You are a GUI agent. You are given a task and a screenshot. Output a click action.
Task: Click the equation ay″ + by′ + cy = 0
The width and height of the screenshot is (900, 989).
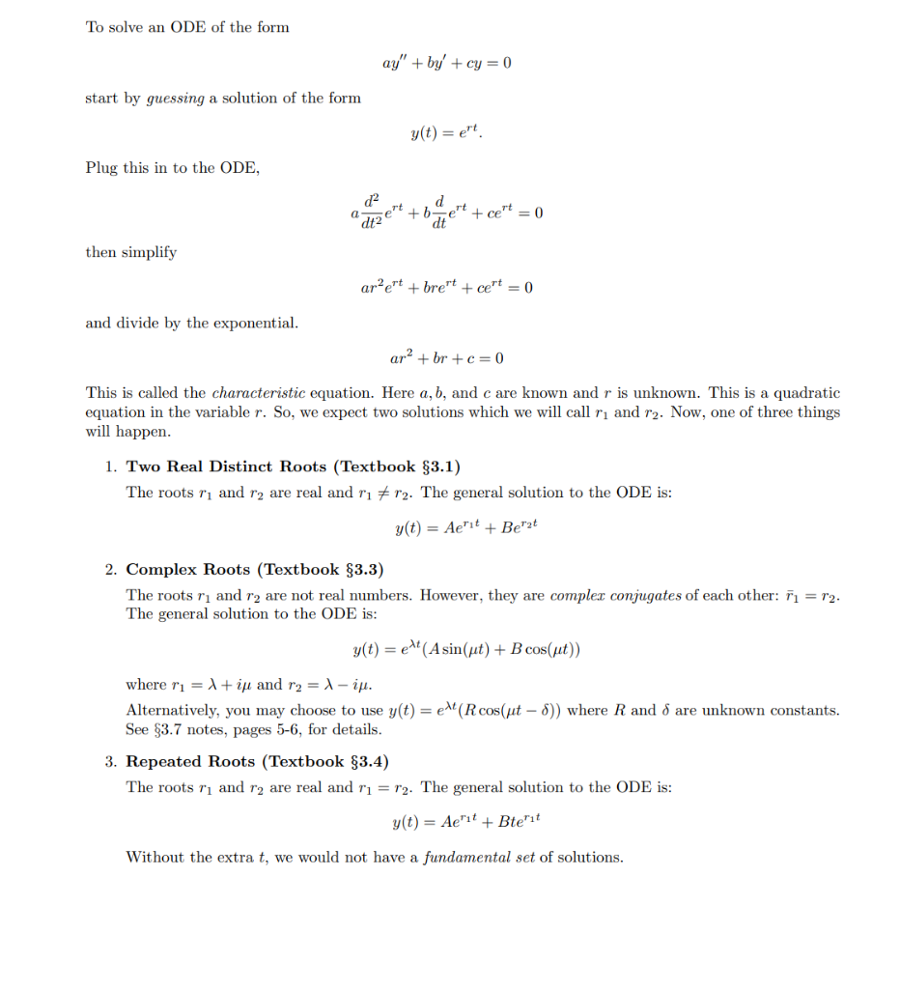446,63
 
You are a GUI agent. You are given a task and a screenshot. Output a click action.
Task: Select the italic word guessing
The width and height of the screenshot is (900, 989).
175,99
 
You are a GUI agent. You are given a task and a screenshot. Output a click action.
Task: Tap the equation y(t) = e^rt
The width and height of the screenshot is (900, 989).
446,133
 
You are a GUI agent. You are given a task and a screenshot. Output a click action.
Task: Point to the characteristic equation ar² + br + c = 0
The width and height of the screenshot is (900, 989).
446,358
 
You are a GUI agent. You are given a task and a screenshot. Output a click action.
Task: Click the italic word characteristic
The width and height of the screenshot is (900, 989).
259,393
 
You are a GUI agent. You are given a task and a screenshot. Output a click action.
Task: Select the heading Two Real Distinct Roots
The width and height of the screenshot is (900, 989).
227,466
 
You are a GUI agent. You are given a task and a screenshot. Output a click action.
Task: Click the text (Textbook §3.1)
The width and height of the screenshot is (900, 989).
397,466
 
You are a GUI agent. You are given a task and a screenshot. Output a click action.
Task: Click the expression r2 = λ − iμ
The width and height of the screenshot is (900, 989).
328,685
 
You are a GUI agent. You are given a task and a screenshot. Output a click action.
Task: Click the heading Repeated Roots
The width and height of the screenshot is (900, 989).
194,762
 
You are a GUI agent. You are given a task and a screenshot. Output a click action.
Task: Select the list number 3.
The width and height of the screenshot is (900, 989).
111,762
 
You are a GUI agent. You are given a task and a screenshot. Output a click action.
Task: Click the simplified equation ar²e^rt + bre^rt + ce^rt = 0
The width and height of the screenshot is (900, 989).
446,288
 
